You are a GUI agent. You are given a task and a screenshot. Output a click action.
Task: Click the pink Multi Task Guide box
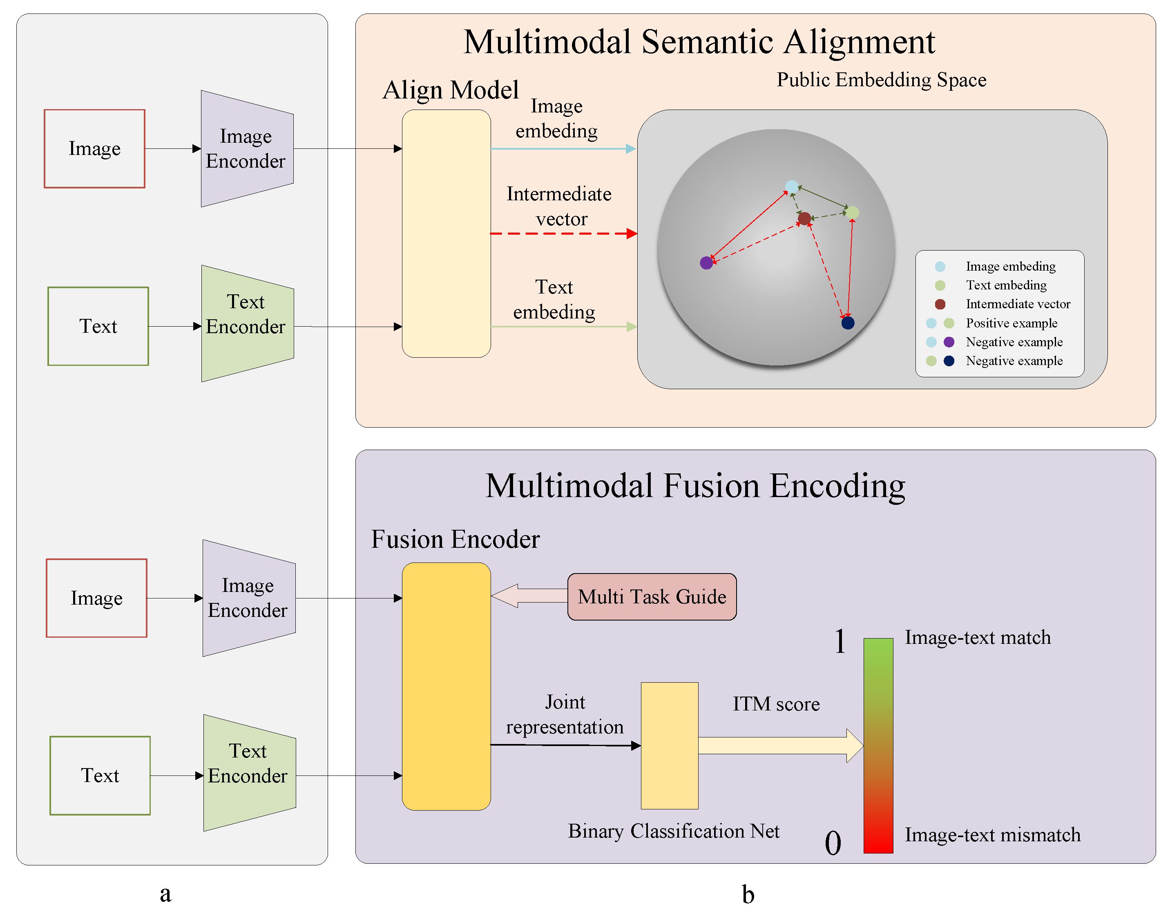pyautogui.click(x=652, y=597)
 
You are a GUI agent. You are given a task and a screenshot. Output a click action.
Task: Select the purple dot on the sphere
pyautogui.click(x=707, y=263)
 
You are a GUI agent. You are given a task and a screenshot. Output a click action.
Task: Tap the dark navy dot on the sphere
pyautogui.click(x=848, y=323)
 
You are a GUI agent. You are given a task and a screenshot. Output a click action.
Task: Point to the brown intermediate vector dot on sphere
pyautogui.click(x=804, y=218)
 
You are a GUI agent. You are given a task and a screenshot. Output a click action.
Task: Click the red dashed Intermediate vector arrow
pyautogui.click(x=564, y=234)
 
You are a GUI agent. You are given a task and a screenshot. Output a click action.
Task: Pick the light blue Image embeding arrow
pyautogui.click(x=564, y=148)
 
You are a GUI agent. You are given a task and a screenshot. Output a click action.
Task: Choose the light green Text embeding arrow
pyautogui.click(x=564, y=327)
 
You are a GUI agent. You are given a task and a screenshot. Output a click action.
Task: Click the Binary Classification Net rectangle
pyautogui.click(x=670, y=745)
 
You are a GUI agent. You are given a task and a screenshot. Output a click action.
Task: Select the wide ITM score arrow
pyautogui.click(x=781, y=745)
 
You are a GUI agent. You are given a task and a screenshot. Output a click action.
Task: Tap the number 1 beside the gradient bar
pyautogui.click(x=840, y=641)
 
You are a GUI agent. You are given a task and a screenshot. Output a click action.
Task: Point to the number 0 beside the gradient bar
pyautogui.click(x=833, y=843)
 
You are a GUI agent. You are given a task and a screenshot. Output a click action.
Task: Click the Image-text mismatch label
pyautogui.click(x=993, y=835)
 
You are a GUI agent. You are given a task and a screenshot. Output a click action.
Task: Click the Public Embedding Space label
pyautogui.click(x=881, y=80)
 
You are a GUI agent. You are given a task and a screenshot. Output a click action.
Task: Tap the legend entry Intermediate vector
pyautogui.click(x=1018, y=304)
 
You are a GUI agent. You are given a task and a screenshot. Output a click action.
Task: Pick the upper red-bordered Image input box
pyautogui.click(x=94, y=148)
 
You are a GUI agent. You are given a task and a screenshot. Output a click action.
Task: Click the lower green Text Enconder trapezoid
pyautogui.click(x=250, y=773)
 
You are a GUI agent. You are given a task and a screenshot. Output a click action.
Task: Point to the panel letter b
pyautogui.click(x=748, y=894)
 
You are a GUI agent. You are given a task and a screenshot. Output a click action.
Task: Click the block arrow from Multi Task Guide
pyautogui.click(x=529, y=596)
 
